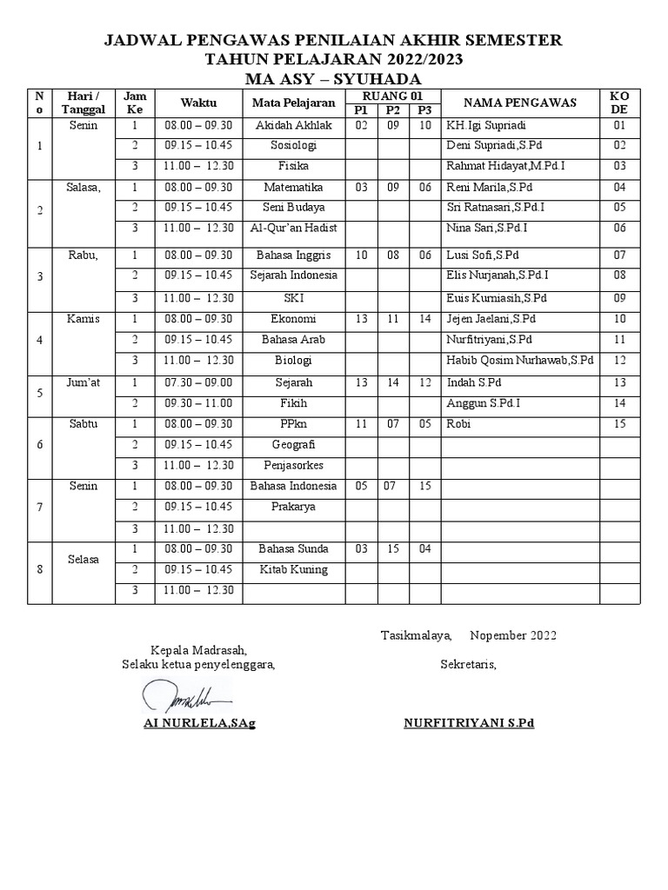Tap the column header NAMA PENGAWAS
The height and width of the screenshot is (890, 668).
coord(520,103)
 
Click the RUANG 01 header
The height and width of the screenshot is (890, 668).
coord(392,95)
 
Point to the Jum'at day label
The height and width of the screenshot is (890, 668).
coord(83,382)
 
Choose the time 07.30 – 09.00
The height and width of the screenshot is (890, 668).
coord(198,382)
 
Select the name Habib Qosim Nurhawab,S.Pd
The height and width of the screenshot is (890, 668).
coord(519,360)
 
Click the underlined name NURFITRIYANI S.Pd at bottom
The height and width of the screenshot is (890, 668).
coord(469,723)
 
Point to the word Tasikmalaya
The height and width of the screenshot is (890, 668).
coord(416,635)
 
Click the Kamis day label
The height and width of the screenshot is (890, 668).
coord(83,319)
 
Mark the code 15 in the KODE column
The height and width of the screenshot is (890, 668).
coord(619,424)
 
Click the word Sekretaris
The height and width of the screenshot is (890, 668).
coord(468,665)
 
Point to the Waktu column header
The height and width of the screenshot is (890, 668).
coord(198,103)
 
